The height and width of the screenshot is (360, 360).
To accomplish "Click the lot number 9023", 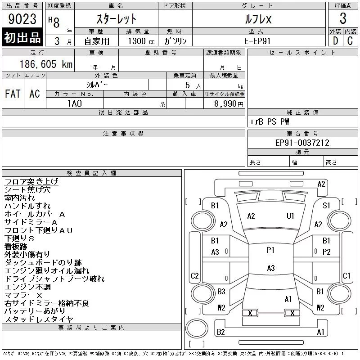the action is pyautogui.click(x=22, y=19).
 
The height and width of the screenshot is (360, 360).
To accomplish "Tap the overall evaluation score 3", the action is pyautogui.click(x=343, y=19).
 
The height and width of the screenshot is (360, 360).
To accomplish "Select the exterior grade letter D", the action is pyautogui.click(x=335, y=40).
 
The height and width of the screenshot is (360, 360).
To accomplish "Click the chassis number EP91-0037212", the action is pyautogui.click(x=302, y=143).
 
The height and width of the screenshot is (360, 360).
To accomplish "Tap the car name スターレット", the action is pyautogui.click(x=117, y=19).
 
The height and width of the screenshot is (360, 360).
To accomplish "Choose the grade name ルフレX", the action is pyautogui.click(x=259, y=19).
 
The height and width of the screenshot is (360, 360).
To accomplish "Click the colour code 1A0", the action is pyautogui.click(x=75, y=103).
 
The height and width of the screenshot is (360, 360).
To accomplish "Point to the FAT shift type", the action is pyautogui.click(x=13, y=94).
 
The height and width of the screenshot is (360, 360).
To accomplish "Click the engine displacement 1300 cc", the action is pyautogui.click(x=138, y=41).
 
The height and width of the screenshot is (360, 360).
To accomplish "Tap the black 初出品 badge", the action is pyautogui.click(x=22, y=38).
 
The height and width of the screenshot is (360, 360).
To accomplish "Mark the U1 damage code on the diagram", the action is pyautogui.click(x=290, y=216).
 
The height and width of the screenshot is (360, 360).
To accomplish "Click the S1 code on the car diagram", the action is pyautogui.click(x=326, y=205).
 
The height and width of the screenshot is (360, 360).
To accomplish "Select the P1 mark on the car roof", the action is pyautogui.click(x=270, y=250).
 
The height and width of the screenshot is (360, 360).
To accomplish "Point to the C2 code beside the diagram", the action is pyautogui.click(x=194, y=275).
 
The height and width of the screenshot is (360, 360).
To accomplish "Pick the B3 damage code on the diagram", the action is pyautogui.click(x=221, y=292).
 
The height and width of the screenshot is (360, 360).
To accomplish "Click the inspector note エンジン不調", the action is pyautogui.click(x=27, y=287).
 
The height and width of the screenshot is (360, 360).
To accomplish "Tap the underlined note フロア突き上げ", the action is pyautogui.click(x=31, y=182).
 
